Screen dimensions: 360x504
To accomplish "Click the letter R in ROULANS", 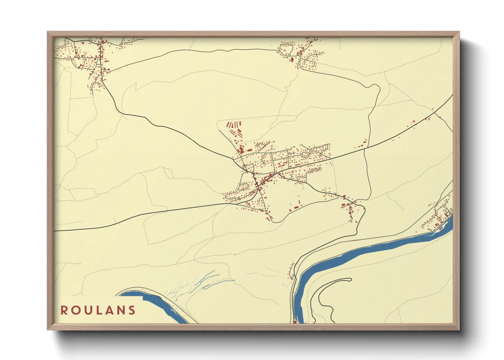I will (64, 310).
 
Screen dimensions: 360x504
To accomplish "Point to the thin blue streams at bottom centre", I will (201, 282).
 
